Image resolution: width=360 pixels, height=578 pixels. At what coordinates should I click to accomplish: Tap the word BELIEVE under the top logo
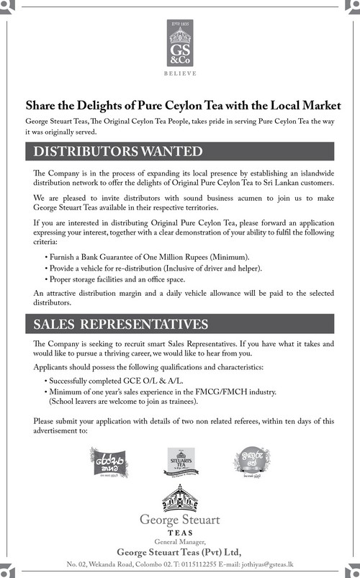tap(179, 73)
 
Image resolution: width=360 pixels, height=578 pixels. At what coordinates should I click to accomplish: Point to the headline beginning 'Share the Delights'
tap(182, 105)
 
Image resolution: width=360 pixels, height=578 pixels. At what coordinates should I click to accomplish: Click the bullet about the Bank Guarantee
tap(147, 257)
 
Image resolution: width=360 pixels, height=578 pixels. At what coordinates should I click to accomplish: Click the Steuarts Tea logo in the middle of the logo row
tap(180, 461)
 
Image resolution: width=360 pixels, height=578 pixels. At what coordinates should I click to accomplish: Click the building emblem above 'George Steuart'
tap(180, 497)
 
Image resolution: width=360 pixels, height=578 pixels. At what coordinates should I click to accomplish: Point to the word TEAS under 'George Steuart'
tap(180, 531)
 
